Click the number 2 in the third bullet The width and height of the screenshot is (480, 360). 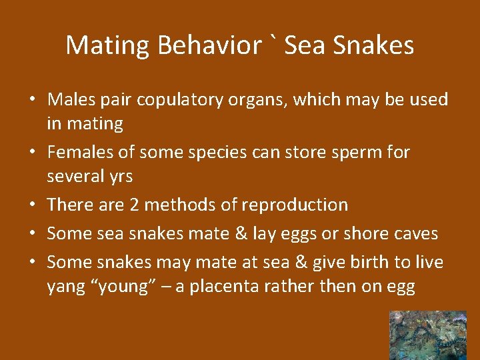click(x=134, y=205)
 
